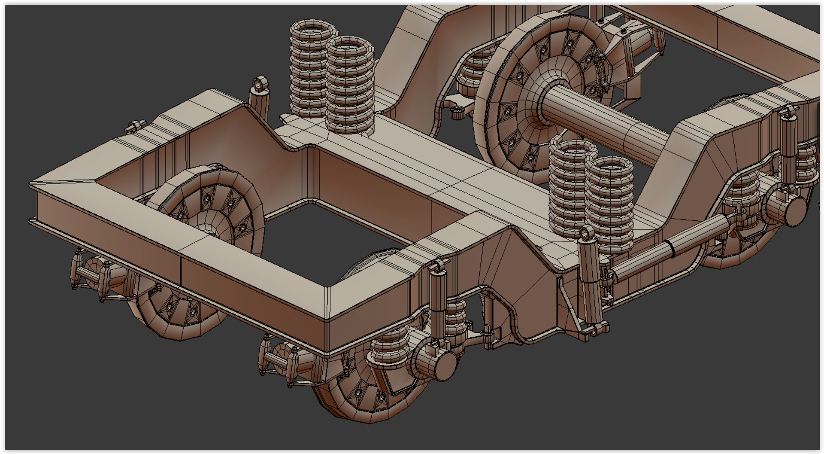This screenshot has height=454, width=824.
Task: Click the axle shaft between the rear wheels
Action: [601, 120]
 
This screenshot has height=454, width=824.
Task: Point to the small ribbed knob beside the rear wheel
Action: [457, 113]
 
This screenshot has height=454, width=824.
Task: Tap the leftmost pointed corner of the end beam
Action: [31, 186]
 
